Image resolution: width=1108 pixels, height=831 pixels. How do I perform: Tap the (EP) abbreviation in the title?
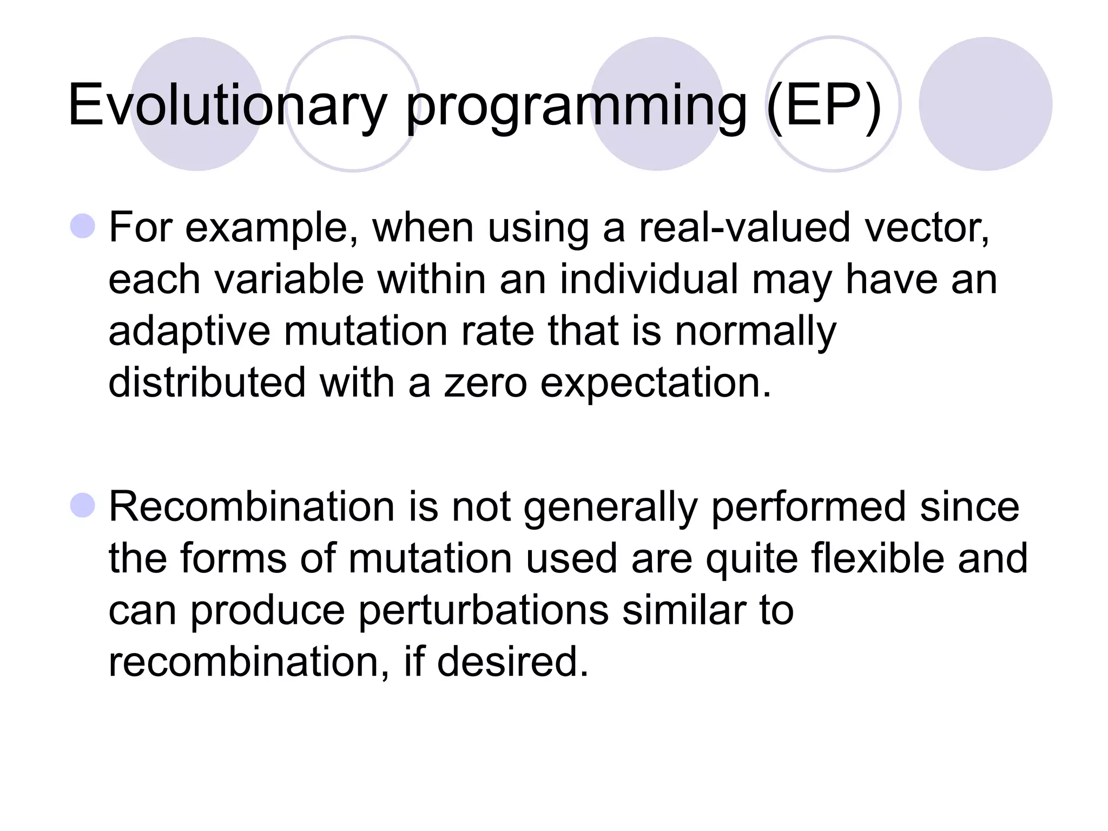823,105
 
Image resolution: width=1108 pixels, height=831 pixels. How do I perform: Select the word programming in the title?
576,105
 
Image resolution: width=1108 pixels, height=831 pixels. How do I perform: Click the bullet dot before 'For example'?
83,226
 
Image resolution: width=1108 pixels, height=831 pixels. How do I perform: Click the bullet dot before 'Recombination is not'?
83,505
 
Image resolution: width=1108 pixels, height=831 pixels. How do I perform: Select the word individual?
649,279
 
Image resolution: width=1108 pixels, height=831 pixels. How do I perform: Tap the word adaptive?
189,331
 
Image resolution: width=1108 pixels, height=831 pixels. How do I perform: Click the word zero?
485,383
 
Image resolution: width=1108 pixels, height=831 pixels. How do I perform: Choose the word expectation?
655,383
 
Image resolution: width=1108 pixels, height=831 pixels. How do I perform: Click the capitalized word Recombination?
252,507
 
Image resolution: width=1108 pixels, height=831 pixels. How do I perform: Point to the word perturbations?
483,610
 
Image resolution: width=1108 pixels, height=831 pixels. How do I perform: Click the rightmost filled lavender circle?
985,104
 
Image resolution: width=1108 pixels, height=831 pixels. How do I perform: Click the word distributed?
207,383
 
